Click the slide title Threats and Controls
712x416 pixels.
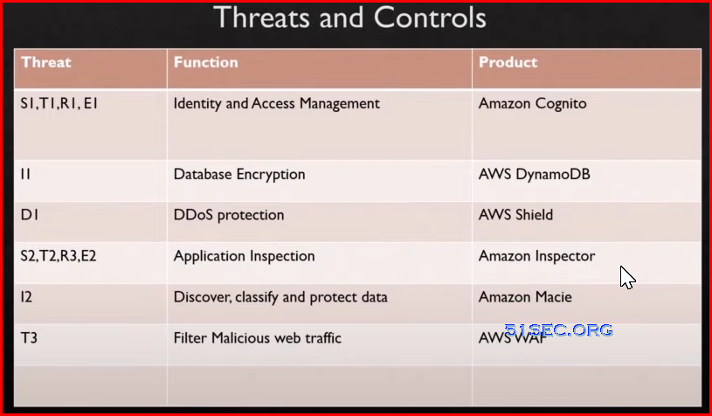(349, 18)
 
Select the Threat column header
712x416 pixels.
(45, 62)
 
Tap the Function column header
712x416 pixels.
(205, 62)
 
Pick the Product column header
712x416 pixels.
(508, 62)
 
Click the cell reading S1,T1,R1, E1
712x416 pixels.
(59, 103)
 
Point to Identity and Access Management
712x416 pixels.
(277, 104)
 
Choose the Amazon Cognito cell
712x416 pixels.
(533, 104)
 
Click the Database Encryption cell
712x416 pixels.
(239, 175)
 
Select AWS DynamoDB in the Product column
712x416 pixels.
(535, 175)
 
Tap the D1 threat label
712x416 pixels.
(30, 215)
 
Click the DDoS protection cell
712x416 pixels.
(229, 215)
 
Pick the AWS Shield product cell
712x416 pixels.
(515, 215)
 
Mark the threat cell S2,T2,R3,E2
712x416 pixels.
(59, 256)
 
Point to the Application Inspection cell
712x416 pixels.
(245, 257)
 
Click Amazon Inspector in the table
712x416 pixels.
(536, 257)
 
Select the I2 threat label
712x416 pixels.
(26, 297)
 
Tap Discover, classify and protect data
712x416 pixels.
(280, 297)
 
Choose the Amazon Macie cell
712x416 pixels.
(525, 297)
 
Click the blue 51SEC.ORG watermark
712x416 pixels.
(558, 330)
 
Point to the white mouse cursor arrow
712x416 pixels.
(627, 278)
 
